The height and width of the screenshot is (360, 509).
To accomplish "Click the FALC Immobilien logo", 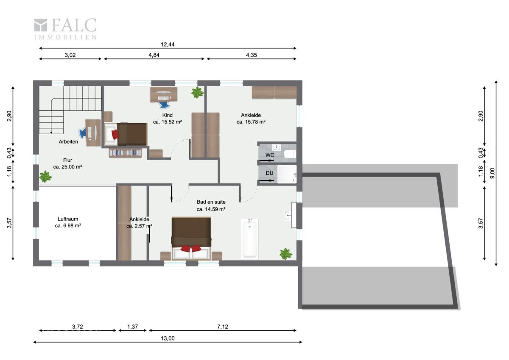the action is click(x=65, y=29).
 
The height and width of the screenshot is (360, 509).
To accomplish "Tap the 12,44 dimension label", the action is click(x=168, y=45).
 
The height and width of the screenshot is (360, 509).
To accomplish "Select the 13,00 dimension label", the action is click(x=168, y=338).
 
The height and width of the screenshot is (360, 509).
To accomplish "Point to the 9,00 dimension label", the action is click(x=492, y=173).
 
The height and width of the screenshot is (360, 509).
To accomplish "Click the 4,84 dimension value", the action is click(x=154, y=55).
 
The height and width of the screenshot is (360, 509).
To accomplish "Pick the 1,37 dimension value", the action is click(x=132, y=327).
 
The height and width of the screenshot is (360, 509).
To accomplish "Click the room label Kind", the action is click(x=167, y=115).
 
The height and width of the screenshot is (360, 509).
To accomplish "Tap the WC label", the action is click(x=270, y=155).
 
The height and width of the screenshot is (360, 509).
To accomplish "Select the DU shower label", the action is click(x=269, y=173).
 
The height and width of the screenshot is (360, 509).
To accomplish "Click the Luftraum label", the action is click(x=68, y=219).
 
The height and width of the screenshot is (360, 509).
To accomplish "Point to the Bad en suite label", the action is click(x=211, y=202).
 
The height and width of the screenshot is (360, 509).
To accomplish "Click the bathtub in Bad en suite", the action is click(x=249, y=239).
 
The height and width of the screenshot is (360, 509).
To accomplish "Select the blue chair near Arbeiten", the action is click(x=82, y=133).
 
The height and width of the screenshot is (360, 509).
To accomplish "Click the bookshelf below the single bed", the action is click(x=125, y=153).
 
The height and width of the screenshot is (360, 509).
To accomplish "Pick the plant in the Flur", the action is click(x=45, y=177).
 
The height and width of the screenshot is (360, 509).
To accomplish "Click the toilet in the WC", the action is click(x=290, y=154).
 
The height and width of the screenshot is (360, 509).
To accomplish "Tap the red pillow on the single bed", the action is click(x=115, y=134).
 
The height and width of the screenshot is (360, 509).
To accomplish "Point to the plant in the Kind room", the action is click(x=197, y=92).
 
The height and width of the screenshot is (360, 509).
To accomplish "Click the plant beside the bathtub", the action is click(x=285, y=254).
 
